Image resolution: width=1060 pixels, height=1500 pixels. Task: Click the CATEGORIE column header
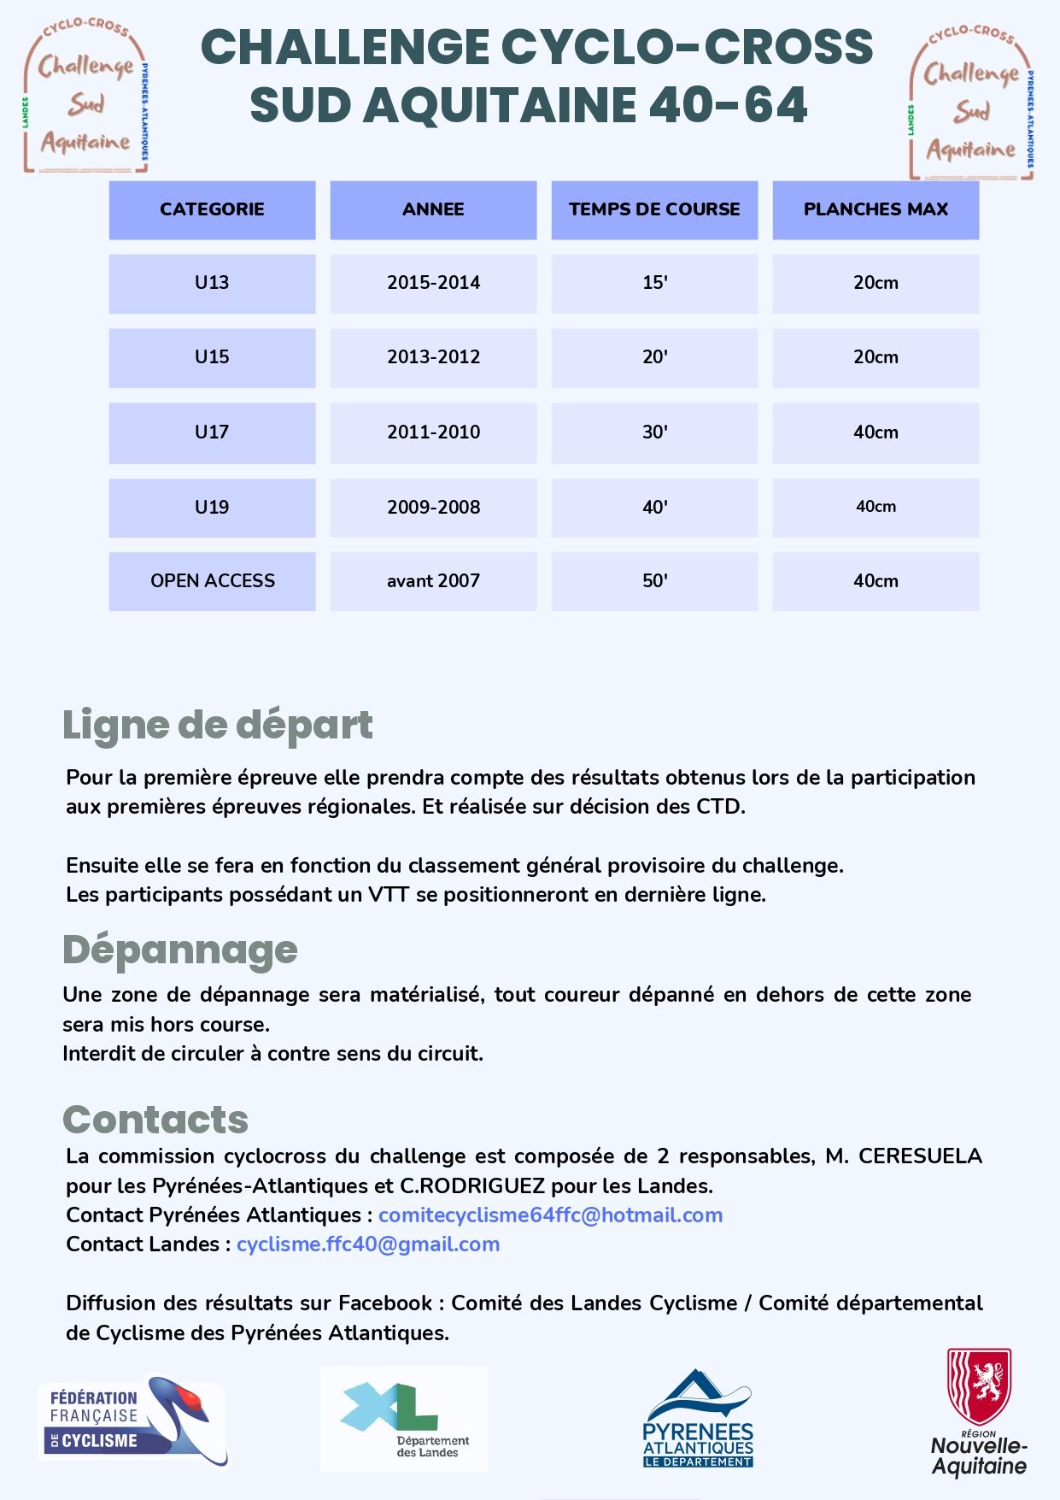(212, 209)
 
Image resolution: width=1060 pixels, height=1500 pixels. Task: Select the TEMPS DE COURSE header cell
(654, 209)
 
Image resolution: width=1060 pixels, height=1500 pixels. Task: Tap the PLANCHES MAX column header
(876, 209)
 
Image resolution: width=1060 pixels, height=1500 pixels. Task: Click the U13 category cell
(212, 283)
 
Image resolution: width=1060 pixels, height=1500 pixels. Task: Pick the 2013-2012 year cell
(433, 357)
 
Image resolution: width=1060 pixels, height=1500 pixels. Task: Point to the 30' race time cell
(654, 432)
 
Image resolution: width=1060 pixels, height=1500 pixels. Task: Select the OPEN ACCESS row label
(212, 581)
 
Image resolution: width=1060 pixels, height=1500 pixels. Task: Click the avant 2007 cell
(433, 581)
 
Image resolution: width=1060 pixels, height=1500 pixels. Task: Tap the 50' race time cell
(654, 581)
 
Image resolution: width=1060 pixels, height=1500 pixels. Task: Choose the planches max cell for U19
(876, 507)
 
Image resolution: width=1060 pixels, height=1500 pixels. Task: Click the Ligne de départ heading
(217, 726)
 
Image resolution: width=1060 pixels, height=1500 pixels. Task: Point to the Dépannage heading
(179, 950)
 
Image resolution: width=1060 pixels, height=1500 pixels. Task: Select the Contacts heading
(155, 1120)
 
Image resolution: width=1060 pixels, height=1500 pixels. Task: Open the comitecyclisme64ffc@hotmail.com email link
(550, 1215)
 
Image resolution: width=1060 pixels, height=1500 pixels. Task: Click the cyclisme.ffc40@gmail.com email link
(368, 1244)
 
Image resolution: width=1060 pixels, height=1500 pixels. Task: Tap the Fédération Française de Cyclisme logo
(132, 1421)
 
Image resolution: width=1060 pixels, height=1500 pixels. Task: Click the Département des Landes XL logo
(403, 1419)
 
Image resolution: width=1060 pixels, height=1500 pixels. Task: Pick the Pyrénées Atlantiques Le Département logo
(698, 1419)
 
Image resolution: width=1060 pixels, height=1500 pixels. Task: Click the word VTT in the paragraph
(389, 895)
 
